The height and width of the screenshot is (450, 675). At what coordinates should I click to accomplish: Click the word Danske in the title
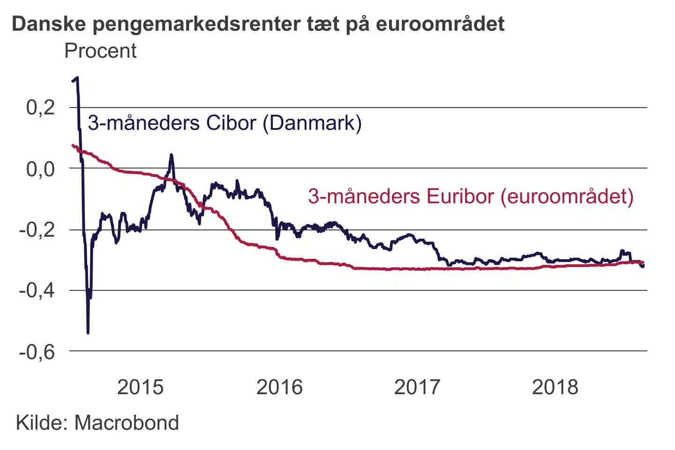click(49, 23)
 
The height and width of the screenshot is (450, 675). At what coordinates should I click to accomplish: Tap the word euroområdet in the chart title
click(440, 23)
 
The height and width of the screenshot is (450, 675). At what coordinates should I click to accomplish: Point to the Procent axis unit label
click(100, 51)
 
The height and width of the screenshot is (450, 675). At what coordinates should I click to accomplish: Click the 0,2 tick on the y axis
click(40, 108)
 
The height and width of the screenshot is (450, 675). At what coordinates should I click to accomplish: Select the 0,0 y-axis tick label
click(40, 169)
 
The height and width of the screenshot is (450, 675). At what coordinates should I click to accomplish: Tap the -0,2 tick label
click(37, 230)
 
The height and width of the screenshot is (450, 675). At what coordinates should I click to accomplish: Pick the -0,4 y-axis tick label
click(37, 291)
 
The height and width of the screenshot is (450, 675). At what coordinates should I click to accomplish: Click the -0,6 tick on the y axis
click(37, 352)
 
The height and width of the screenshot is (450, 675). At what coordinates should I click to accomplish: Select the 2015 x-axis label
click(140, 387)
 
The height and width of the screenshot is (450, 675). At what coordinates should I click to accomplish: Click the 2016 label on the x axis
click(279, 387)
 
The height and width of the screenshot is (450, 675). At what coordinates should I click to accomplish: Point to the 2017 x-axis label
click(417, 387)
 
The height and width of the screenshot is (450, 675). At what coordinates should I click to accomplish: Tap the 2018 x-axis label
click(555, 387)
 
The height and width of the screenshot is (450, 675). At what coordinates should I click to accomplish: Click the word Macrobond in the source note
click(127, 423)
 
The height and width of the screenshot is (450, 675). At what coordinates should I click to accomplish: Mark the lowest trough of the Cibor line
click(88, 332)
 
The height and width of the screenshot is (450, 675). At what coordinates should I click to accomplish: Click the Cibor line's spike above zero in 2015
click(171, 155)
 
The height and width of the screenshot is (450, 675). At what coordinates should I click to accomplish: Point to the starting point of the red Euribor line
click(72, 145)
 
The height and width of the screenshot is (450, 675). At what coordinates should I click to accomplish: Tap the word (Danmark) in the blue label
click(312, 123)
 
